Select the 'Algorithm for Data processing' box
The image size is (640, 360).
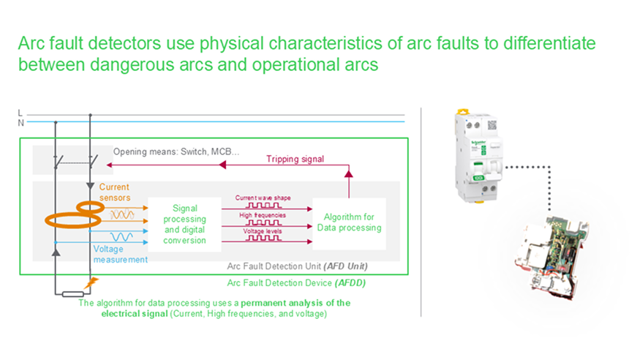[348, 222]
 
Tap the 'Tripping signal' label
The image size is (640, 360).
[295, 159]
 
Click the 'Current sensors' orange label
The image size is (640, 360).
[115, 192]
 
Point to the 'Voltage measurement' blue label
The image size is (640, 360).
[120, 254]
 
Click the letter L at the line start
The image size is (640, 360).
[20, 113]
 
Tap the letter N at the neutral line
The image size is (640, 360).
[21, 122]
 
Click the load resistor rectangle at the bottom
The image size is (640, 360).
[72, 294]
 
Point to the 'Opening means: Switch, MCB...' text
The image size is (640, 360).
[176, 152]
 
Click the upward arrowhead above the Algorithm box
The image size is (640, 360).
[348, 174]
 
